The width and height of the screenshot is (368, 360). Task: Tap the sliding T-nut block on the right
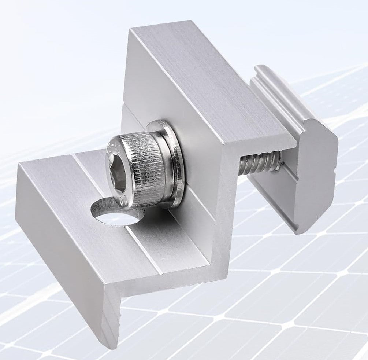tap(300, 154)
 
